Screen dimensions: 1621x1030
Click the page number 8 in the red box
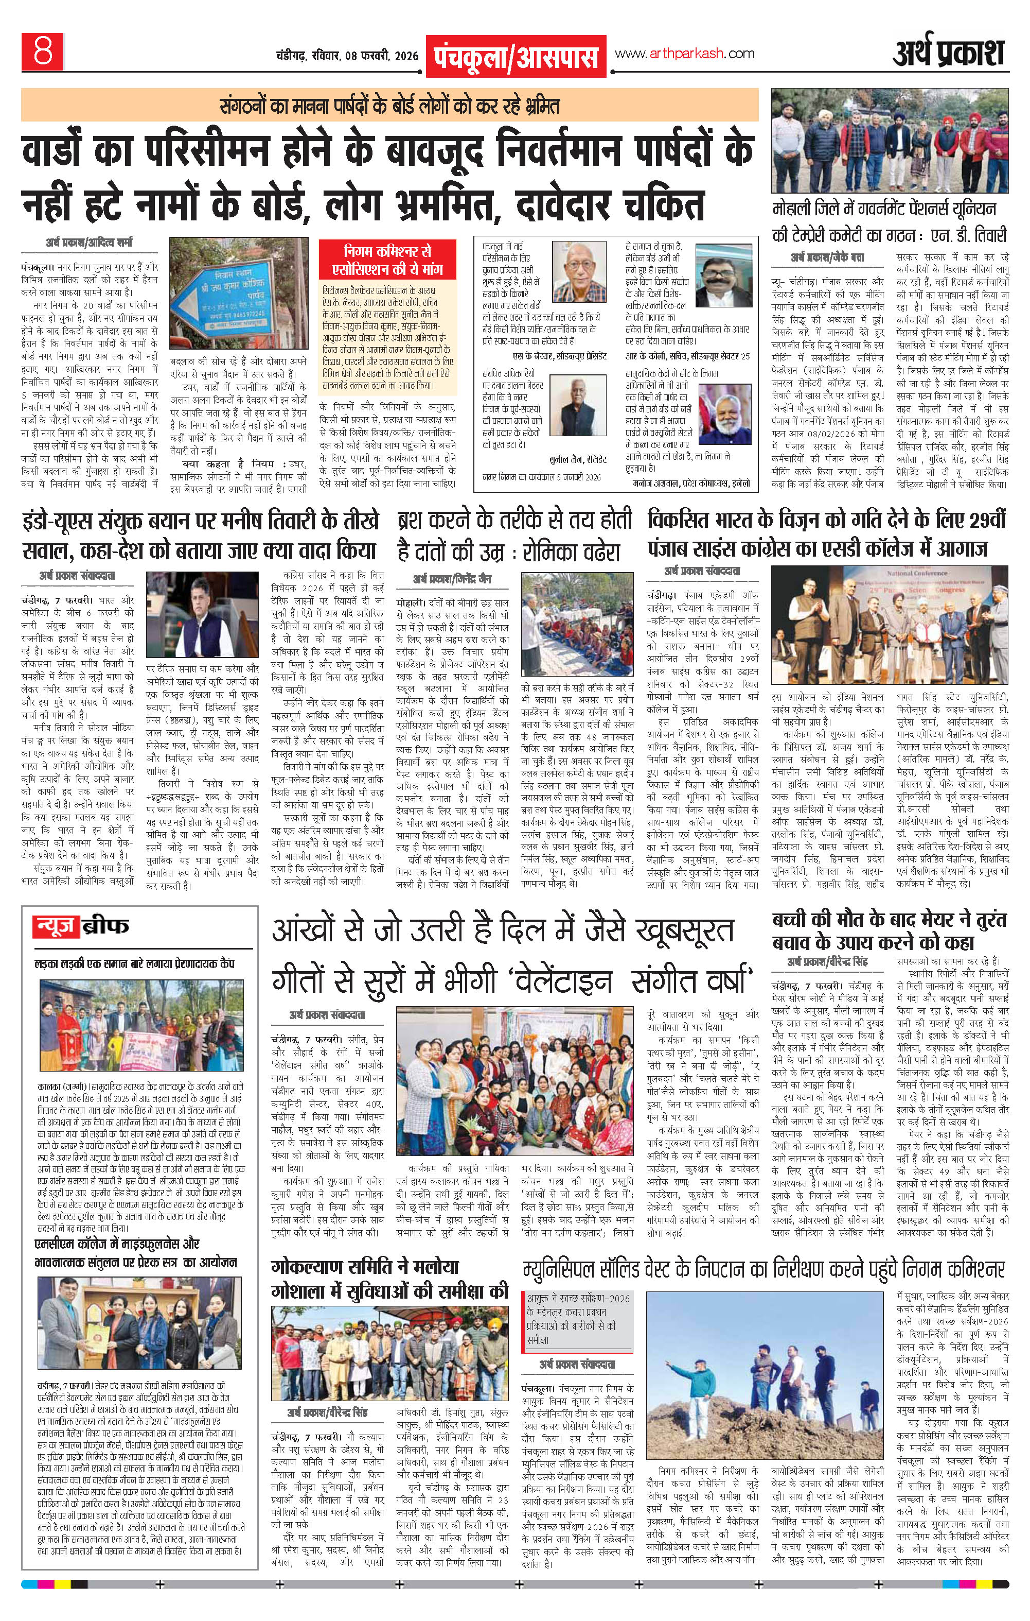click(44, 51)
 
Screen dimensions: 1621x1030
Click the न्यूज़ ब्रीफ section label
click(81, 927)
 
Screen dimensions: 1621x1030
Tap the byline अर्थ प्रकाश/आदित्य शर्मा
click(90, 242)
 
